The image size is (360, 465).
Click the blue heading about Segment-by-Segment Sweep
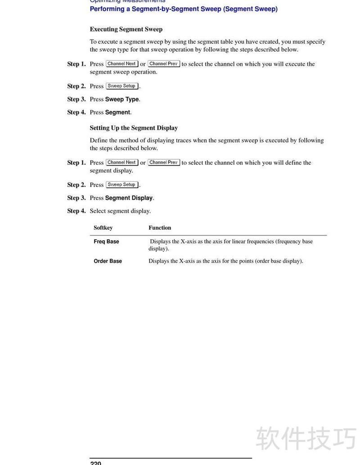click(184, 9)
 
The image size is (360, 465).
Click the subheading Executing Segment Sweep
click(126, 29)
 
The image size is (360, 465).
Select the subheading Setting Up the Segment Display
click(134, 128)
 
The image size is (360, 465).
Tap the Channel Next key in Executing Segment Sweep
click(121, 64)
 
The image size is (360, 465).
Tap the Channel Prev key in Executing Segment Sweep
click(164, 64)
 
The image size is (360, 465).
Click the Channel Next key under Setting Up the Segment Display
click(121, 162)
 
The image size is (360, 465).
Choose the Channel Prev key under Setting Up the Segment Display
click(164, 162)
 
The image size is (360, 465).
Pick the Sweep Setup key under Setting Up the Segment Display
click(121, 185)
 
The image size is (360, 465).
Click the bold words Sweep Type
click(122, 99)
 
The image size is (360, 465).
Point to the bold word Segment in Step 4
click(117, 112)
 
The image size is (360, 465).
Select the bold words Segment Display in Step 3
click(129, 198)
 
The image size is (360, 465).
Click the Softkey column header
click(103, 228)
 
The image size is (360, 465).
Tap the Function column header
click(160, 228)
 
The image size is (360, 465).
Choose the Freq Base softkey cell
click(106, 242)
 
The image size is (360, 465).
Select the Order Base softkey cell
click(108, 261)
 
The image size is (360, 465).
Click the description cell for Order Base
click(225, 261)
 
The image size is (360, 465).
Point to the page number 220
click(95, 462)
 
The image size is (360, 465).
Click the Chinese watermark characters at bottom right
click(306, 438)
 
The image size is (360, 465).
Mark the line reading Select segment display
click(120, 211)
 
